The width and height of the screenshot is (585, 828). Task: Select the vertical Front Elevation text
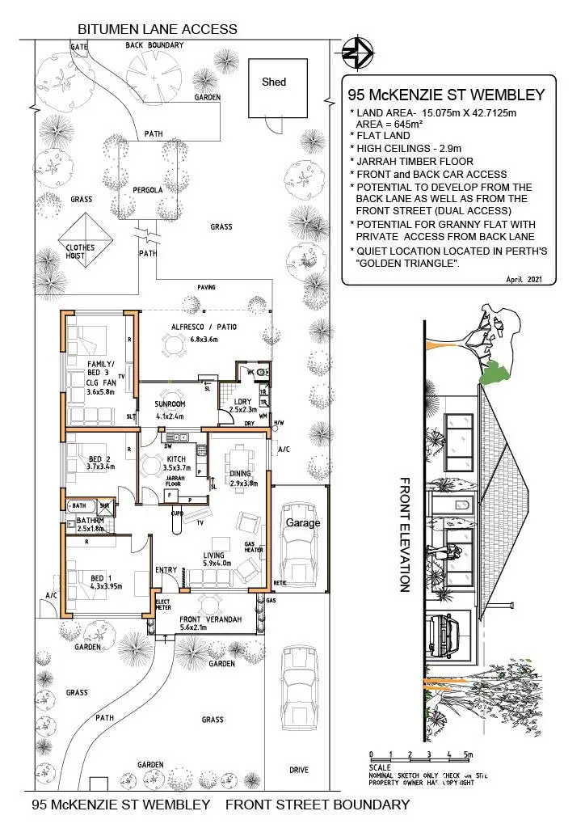click(406, 534)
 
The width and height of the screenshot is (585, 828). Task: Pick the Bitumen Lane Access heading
click(157, 29)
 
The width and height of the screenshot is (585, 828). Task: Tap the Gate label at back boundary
click(79, 47)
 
